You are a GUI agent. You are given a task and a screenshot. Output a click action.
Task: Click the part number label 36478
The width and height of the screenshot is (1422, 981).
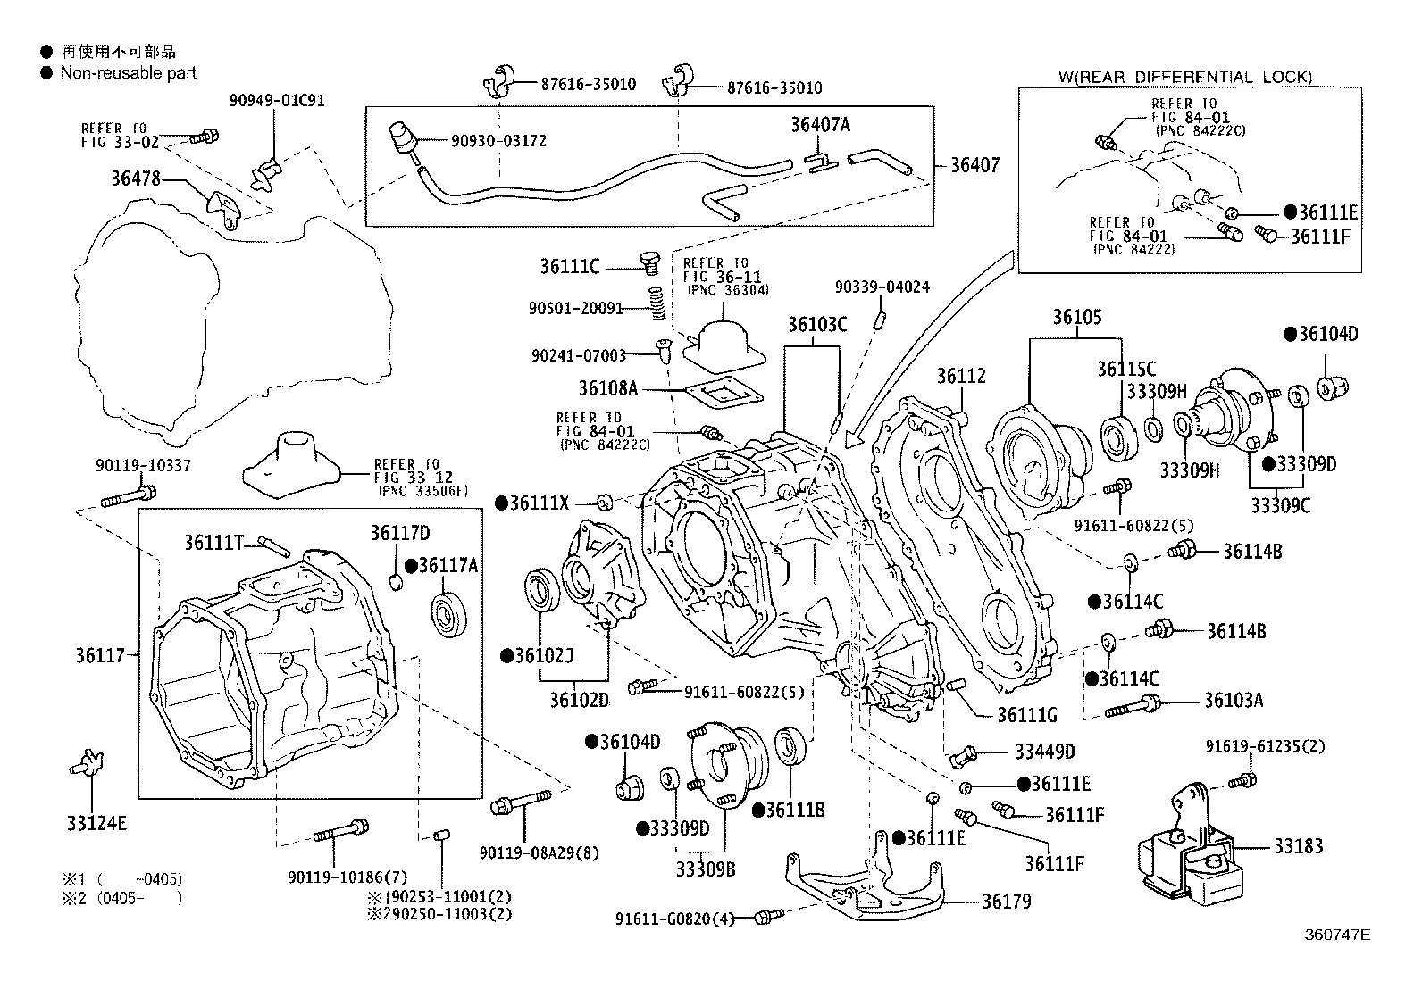pyautogui.click(x=136, y=179)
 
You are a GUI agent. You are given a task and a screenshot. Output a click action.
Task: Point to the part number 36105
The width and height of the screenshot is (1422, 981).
pyautogui.click(x=1076, y=317)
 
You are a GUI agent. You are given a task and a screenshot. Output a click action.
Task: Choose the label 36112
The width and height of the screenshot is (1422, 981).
pyautogui.click(x=961, y=376)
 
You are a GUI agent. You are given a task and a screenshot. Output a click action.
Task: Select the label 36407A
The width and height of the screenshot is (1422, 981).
pyautogui.click(x=820, y=125)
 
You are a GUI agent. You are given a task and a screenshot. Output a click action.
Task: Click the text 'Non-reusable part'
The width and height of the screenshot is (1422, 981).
pyautogui.click(x=129, y=73)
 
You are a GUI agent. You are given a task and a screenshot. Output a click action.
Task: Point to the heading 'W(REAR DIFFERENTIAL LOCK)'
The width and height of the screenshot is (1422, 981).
pyautogui.click(x=1185, y=78)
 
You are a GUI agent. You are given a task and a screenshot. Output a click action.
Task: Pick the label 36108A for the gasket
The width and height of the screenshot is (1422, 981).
pyautogui.click(x=607, y=388)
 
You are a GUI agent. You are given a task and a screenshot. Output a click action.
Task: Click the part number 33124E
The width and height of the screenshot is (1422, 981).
pyautogui.click(x=96, y=822)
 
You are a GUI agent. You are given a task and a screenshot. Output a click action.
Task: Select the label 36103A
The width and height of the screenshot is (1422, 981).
pyautogui.click(x=1234, y=700)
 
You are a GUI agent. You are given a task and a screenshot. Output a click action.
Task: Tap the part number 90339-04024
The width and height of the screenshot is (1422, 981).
pyautogui.click(x=882, y=287)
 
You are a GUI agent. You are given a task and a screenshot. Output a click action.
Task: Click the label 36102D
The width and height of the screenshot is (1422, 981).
pyautogui.click(x=579, y=699)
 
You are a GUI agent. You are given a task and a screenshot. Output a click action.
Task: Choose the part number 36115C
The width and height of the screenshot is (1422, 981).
pyautogui.click(x=1126, y=370)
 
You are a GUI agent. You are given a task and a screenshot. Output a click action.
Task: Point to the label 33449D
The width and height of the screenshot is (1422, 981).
pyautogui.click(x=1044, y=752)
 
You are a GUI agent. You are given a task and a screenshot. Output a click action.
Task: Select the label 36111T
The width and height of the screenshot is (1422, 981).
pyautogui.click(x=214, y=542)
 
